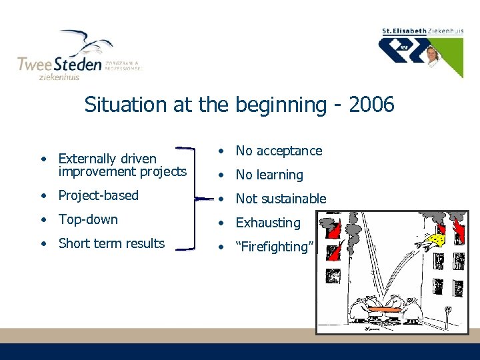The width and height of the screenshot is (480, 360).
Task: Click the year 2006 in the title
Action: (x=371, y=105)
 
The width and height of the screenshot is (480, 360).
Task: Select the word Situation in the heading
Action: (x=121, y=105)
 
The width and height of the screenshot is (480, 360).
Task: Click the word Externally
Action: (x=87, y=159)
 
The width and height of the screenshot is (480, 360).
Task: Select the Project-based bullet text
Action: (x=99, y=195)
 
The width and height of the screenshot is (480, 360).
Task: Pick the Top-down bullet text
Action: (x=88, y=219)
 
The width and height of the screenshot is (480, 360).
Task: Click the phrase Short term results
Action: (x=111, y=243)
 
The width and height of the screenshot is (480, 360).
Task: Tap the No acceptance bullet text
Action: (x=279, y=151)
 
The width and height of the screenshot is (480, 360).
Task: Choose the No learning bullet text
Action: (x=269, y=175)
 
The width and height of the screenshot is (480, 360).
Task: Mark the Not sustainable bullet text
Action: (x=281, y=199)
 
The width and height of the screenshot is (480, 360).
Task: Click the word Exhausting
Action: (x=268, y=223)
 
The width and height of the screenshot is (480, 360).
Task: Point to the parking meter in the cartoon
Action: (x=447, y=313)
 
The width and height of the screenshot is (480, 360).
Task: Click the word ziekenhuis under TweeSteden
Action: (x=58, y=77)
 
